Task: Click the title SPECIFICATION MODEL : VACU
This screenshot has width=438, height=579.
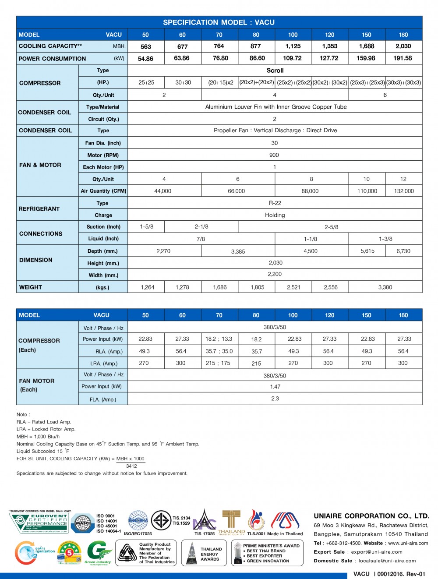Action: [219, 22]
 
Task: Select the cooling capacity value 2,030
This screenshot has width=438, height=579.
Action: [403, 46]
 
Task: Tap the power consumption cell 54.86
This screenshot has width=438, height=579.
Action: [145, 59]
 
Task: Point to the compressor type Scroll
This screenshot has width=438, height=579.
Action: [275, 71]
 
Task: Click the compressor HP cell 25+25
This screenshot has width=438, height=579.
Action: [146, 82]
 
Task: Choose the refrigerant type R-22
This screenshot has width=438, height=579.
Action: [275, 203]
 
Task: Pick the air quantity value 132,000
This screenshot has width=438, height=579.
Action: [403, 191]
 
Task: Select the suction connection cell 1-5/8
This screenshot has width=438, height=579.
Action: [146, 227]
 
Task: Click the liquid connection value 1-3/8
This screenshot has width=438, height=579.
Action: [385, 239]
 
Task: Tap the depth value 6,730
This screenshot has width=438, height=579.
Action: [403, 251]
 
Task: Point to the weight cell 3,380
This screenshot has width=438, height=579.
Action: [385, 287]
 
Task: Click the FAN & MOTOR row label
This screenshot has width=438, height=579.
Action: [40, 165]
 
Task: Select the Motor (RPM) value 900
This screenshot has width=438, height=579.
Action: [274, 155]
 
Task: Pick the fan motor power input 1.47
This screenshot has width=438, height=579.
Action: [275, 387]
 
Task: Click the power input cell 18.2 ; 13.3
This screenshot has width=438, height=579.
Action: [219, 339]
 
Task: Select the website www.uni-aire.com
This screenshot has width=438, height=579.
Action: [408, 543]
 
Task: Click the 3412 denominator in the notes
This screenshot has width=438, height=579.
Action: [131, 466]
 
